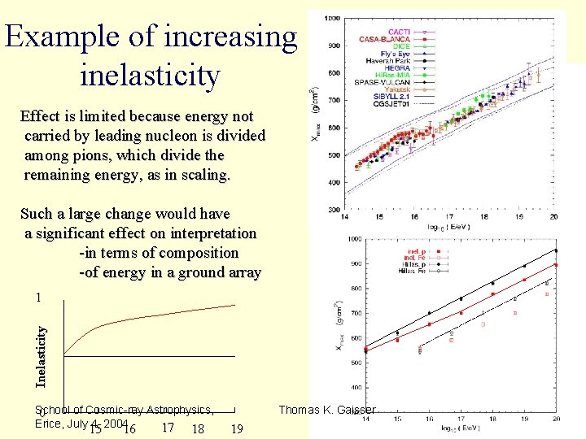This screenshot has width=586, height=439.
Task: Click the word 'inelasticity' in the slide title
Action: pos(151,76)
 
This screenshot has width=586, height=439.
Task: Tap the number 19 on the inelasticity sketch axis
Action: pos(238,429)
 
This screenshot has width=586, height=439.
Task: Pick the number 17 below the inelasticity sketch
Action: pos(168,428)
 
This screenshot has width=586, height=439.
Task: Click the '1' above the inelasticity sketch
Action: pos(37,298)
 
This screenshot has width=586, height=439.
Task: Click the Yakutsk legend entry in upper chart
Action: pos(397,89)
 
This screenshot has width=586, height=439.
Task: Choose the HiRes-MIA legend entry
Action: pos(394,75)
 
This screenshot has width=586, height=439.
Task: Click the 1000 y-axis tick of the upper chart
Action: pos(332,19)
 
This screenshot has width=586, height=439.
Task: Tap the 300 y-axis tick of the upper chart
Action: pos(334,210)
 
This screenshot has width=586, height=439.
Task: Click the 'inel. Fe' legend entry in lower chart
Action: pos(417,258)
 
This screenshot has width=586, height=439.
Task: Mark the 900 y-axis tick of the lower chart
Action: pos(355,263)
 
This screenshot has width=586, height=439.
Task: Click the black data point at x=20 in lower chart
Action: pos(556,250)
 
